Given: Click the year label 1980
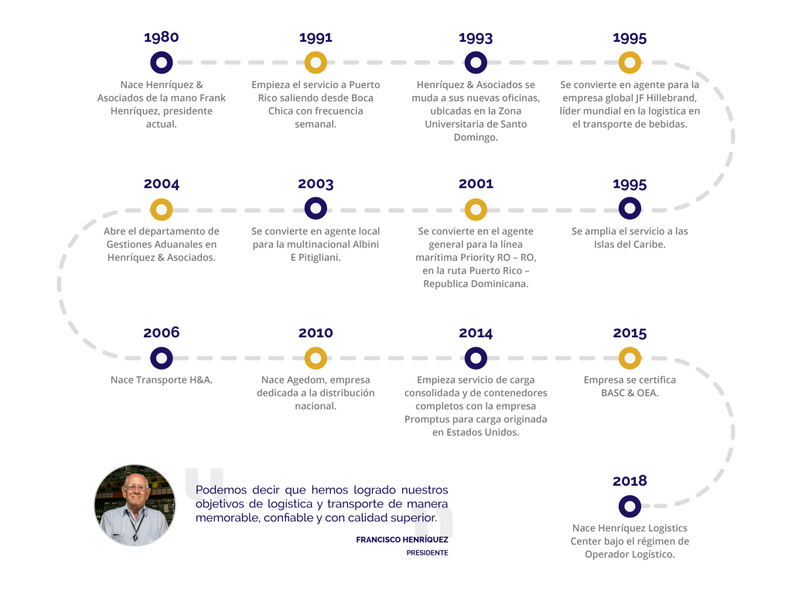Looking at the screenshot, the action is coord(161,37).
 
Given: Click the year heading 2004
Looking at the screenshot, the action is coord(161,184).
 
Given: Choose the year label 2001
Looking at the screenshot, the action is coord(476,184).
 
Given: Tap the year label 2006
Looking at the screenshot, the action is coord(161,333).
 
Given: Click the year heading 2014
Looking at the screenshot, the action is coord(476,333).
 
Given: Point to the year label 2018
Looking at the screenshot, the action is coord(630,481).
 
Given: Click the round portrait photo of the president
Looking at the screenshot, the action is coord(135,505).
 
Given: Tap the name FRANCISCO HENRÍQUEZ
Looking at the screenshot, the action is coord(402,540).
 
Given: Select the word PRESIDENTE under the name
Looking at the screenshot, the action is coord(427,553).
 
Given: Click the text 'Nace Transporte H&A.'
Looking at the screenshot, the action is coord(162,380).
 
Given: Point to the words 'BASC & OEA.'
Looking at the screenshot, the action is coord(630,393).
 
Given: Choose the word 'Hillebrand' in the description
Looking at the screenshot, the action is coord(671,98).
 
